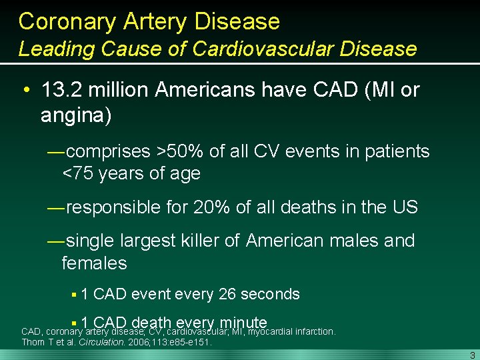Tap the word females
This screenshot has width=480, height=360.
coord(94,263)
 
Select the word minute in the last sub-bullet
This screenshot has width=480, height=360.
coord(237,323)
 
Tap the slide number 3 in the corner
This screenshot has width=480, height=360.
coord(472,354)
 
